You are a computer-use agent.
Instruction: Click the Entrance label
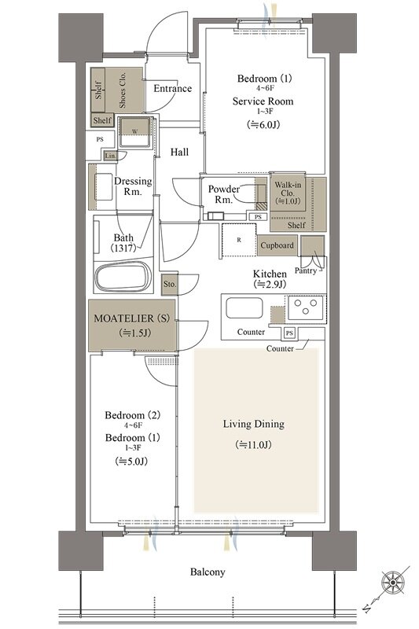coord(172,89)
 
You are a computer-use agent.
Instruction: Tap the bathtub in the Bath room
coord(123,277)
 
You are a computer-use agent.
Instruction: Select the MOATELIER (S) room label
coord(131,318)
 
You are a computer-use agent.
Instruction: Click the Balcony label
coord(208,572)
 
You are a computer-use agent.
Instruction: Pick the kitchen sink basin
coord(244,308)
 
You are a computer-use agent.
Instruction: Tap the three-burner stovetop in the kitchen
coord(306,307)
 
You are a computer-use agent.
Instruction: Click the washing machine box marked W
coord(135,132)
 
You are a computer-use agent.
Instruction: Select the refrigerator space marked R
coord(239,240)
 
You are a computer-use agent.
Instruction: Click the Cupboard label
coord(277,245)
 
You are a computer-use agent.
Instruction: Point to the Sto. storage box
coord(170,285)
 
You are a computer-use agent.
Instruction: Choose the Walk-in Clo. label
coord(288,189)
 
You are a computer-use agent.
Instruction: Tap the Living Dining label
coord(254,424)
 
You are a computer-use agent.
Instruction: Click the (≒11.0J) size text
coord(254,444)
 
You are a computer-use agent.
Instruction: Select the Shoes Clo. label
coord(123,90)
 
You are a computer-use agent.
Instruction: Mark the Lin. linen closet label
coord(110,156)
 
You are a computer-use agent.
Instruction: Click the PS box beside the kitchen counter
coord(289,333)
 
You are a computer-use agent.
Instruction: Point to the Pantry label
coord(306,270)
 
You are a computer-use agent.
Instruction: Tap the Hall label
coord(179,152)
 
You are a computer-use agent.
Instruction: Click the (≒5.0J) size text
coord(131,462)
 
